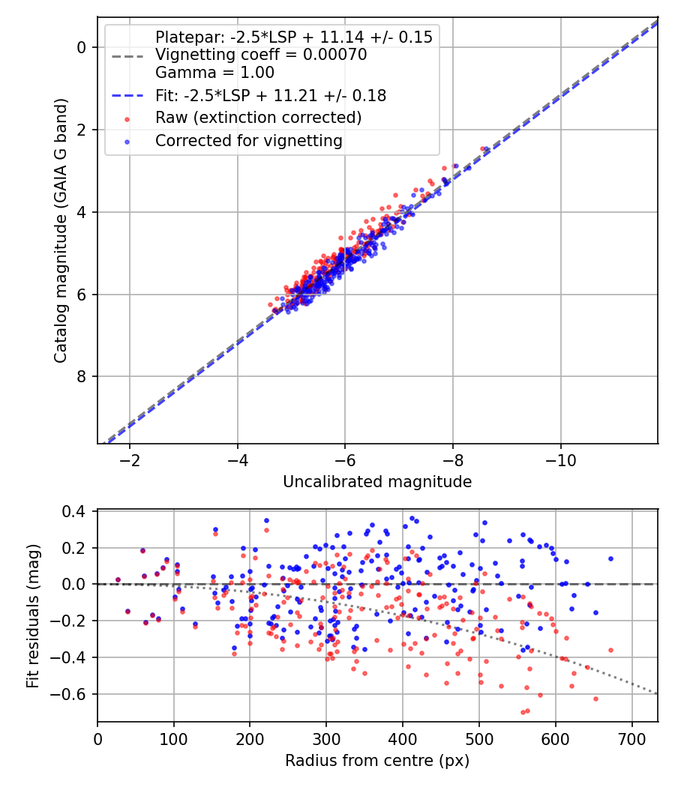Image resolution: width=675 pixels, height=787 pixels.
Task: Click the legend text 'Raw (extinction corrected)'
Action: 258,118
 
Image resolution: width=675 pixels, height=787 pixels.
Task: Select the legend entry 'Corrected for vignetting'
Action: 248,140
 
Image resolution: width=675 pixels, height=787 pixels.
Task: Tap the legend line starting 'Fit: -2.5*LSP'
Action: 271,95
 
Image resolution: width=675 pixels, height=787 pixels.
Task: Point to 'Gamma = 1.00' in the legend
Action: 214,73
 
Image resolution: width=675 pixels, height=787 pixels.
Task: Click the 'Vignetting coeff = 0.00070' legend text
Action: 261,55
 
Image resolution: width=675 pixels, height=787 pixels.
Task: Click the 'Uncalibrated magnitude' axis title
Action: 377,482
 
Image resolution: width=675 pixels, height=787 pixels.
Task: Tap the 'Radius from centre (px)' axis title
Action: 377,760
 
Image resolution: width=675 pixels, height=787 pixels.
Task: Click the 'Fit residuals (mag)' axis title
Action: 32,616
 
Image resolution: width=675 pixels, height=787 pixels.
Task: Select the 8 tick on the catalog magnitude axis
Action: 83,376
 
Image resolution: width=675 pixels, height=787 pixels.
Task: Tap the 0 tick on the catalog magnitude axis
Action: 83,47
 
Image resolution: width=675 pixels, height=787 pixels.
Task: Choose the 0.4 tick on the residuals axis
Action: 78,511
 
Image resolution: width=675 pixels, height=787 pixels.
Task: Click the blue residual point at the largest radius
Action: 610,558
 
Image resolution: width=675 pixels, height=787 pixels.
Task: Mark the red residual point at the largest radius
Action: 610,650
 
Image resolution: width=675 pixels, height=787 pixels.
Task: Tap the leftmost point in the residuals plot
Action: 118,579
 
